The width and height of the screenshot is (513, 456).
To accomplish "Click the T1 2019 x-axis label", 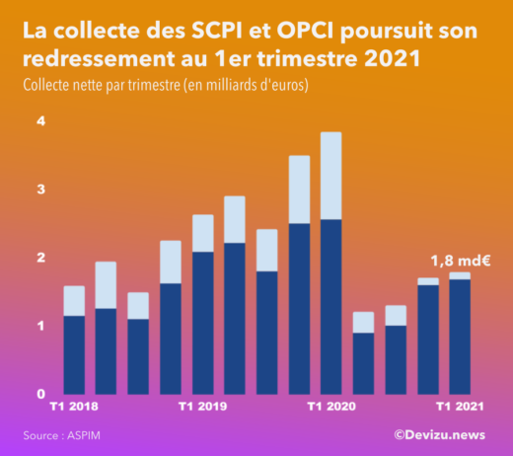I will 202,407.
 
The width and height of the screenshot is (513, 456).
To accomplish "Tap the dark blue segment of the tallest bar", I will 331,306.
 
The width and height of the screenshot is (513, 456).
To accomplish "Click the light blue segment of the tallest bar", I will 331,176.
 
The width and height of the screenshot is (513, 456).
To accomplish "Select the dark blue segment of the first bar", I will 74,354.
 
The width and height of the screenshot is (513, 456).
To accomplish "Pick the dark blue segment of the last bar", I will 460,337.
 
